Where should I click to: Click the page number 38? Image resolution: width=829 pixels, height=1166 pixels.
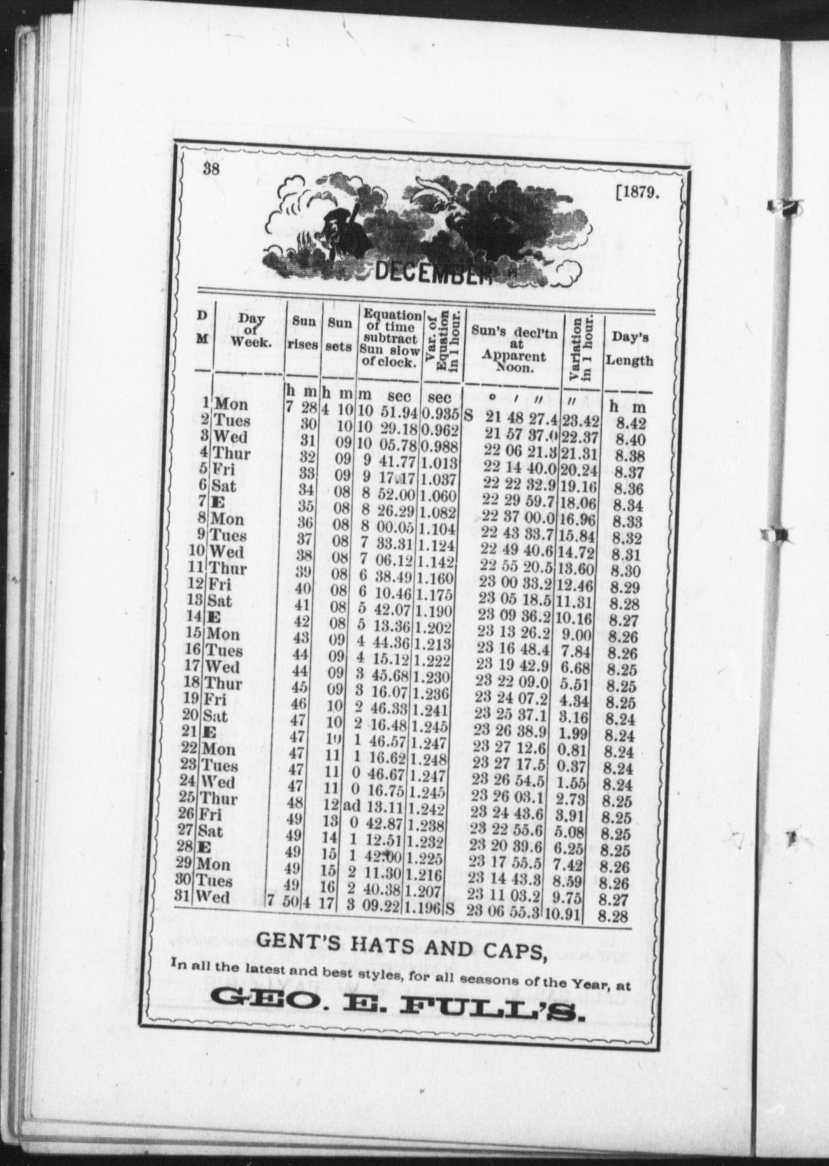[211, 168]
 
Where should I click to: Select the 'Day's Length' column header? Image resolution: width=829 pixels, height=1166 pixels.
[629, 349]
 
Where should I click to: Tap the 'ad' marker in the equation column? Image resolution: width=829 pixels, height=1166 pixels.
[351, 805]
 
